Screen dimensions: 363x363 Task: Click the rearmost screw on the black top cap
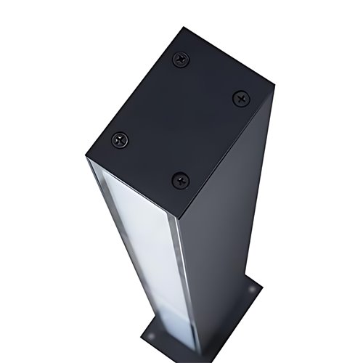click(x=181, y=60)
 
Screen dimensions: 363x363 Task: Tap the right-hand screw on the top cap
click(x=240, y=97)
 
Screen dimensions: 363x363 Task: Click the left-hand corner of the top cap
click(x=85, y=157)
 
